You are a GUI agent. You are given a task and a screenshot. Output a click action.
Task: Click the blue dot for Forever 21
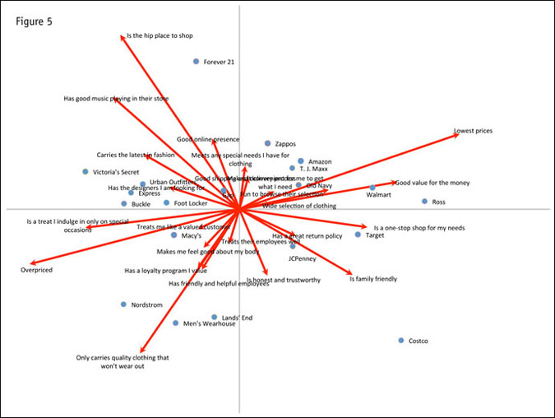[196, 62]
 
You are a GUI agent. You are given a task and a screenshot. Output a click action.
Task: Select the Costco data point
[401, 341]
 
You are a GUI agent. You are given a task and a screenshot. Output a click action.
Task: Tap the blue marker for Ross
[424, 202]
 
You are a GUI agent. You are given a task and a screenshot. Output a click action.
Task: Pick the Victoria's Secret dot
[86, 172]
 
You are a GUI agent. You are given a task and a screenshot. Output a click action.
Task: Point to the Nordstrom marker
[124, 304]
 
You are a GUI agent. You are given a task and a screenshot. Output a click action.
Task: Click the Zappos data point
[267, 143]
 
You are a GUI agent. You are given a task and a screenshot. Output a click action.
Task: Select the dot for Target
[358, 235]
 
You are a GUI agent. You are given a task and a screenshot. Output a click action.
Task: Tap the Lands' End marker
[215, 317]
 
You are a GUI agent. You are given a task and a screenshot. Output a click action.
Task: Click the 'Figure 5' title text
[34, 21]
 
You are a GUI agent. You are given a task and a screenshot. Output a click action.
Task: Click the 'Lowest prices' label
[474, 131]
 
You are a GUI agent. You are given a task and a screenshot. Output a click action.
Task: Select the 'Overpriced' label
[36, 270]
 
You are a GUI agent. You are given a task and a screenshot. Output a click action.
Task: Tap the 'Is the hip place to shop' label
[160, 36]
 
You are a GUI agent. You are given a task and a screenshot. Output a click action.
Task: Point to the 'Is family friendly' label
[373, 279]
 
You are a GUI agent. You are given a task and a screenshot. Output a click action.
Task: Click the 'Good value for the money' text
[432, 183]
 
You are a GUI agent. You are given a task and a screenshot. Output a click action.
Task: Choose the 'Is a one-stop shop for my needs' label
[419, 228]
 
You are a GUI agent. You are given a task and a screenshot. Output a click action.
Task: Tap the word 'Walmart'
[379, 195]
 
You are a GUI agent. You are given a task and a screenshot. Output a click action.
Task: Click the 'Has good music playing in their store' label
[116, 99]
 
